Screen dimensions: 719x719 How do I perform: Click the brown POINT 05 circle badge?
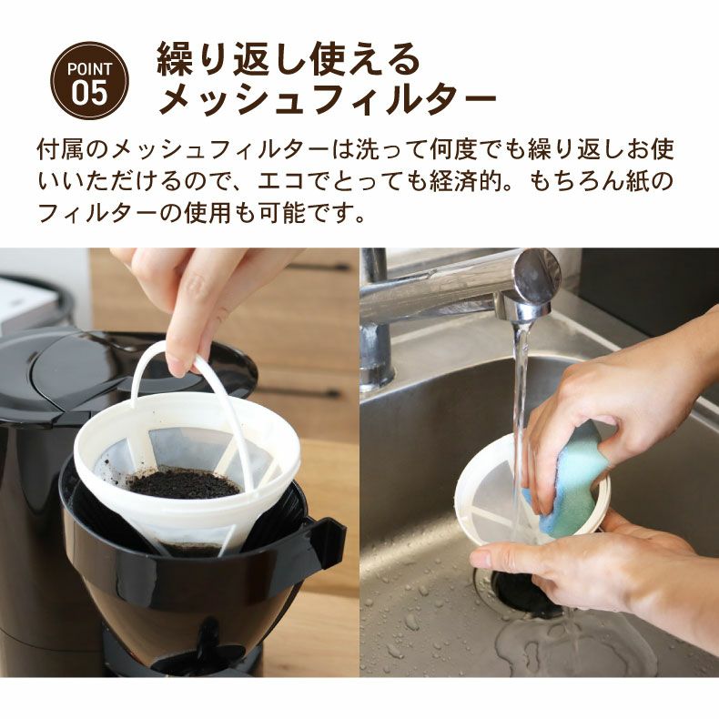[88, 81]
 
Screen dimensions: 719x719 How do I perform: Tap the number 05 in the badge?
[89, 91]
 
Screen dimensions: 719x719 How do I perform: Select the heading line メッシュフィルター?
[328, 99]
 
